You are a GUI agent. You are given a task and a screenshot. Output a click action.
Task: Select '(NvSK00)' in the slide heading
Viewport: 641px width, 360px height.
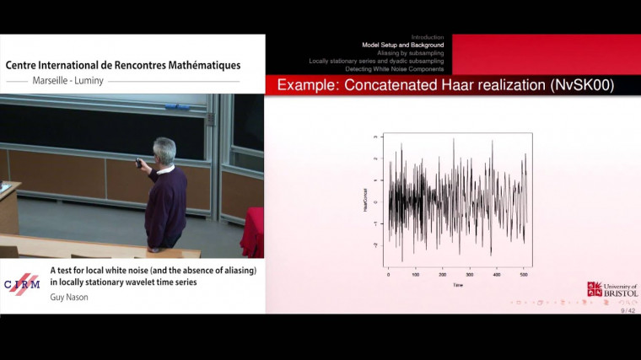pyautogui.click(x=581, y=85)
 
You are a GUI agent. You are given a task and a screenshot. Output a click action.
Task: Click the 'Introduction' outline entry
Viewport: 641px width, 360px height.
pyautogui.click(x=427, y=37)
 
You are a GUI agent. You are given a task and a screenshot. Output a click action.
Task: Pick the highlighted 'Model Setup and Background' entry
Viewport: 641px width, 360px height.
pyautogui.click(x=402, y=45)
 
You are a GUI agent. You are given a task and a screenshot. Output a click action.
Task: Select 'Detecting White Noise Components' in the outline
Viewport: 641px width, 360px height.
pyautogui.click(x=394, y=68)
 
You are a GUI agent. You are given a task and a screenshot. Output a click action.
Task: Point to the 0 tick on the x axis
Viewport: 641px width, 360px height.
pyautogui.click(x=389, y=274)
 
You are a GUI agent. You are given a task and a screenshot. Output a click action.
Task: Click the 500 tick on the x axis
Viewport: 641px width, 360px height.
pyautogui.click(x=524, y=274)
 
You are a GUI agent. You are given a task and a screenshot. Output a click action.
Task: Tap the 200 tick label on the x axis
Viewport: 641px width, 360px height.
pyautogui.click(x=443, y=274)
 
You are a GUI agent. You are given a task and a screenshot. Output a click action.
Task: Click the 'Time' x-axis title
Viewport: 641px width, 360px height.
pyautogui.click(x=456, y=285)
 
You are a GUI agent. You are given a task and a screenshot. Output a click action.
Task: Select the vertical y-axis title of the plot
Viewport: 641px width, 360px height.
pyautogui.click(x=366, y=200)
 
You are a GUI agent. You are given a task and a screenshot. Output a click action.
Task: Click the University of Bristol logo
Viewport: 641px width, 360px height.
pyautogui.click(x=611, y=289)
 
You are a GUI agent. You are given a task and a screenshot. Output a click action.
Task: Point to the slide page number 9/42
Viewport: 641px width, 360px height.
pyautogui.click(x=628, y=310)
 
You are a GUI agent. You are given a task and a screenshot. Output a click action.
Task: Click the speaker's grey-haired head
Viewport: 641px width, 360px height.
pyautogui.click(x=164, y=151)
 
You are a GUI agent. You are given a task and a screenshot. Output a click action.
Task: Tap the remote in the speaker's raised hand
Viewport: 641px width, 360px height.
pyautogui.click(x=138, y=162)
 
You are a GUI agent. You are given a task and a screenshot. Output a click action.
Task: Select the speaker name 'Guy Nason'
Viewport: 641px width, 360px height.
pyautogui.click(x=70, y=297)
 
